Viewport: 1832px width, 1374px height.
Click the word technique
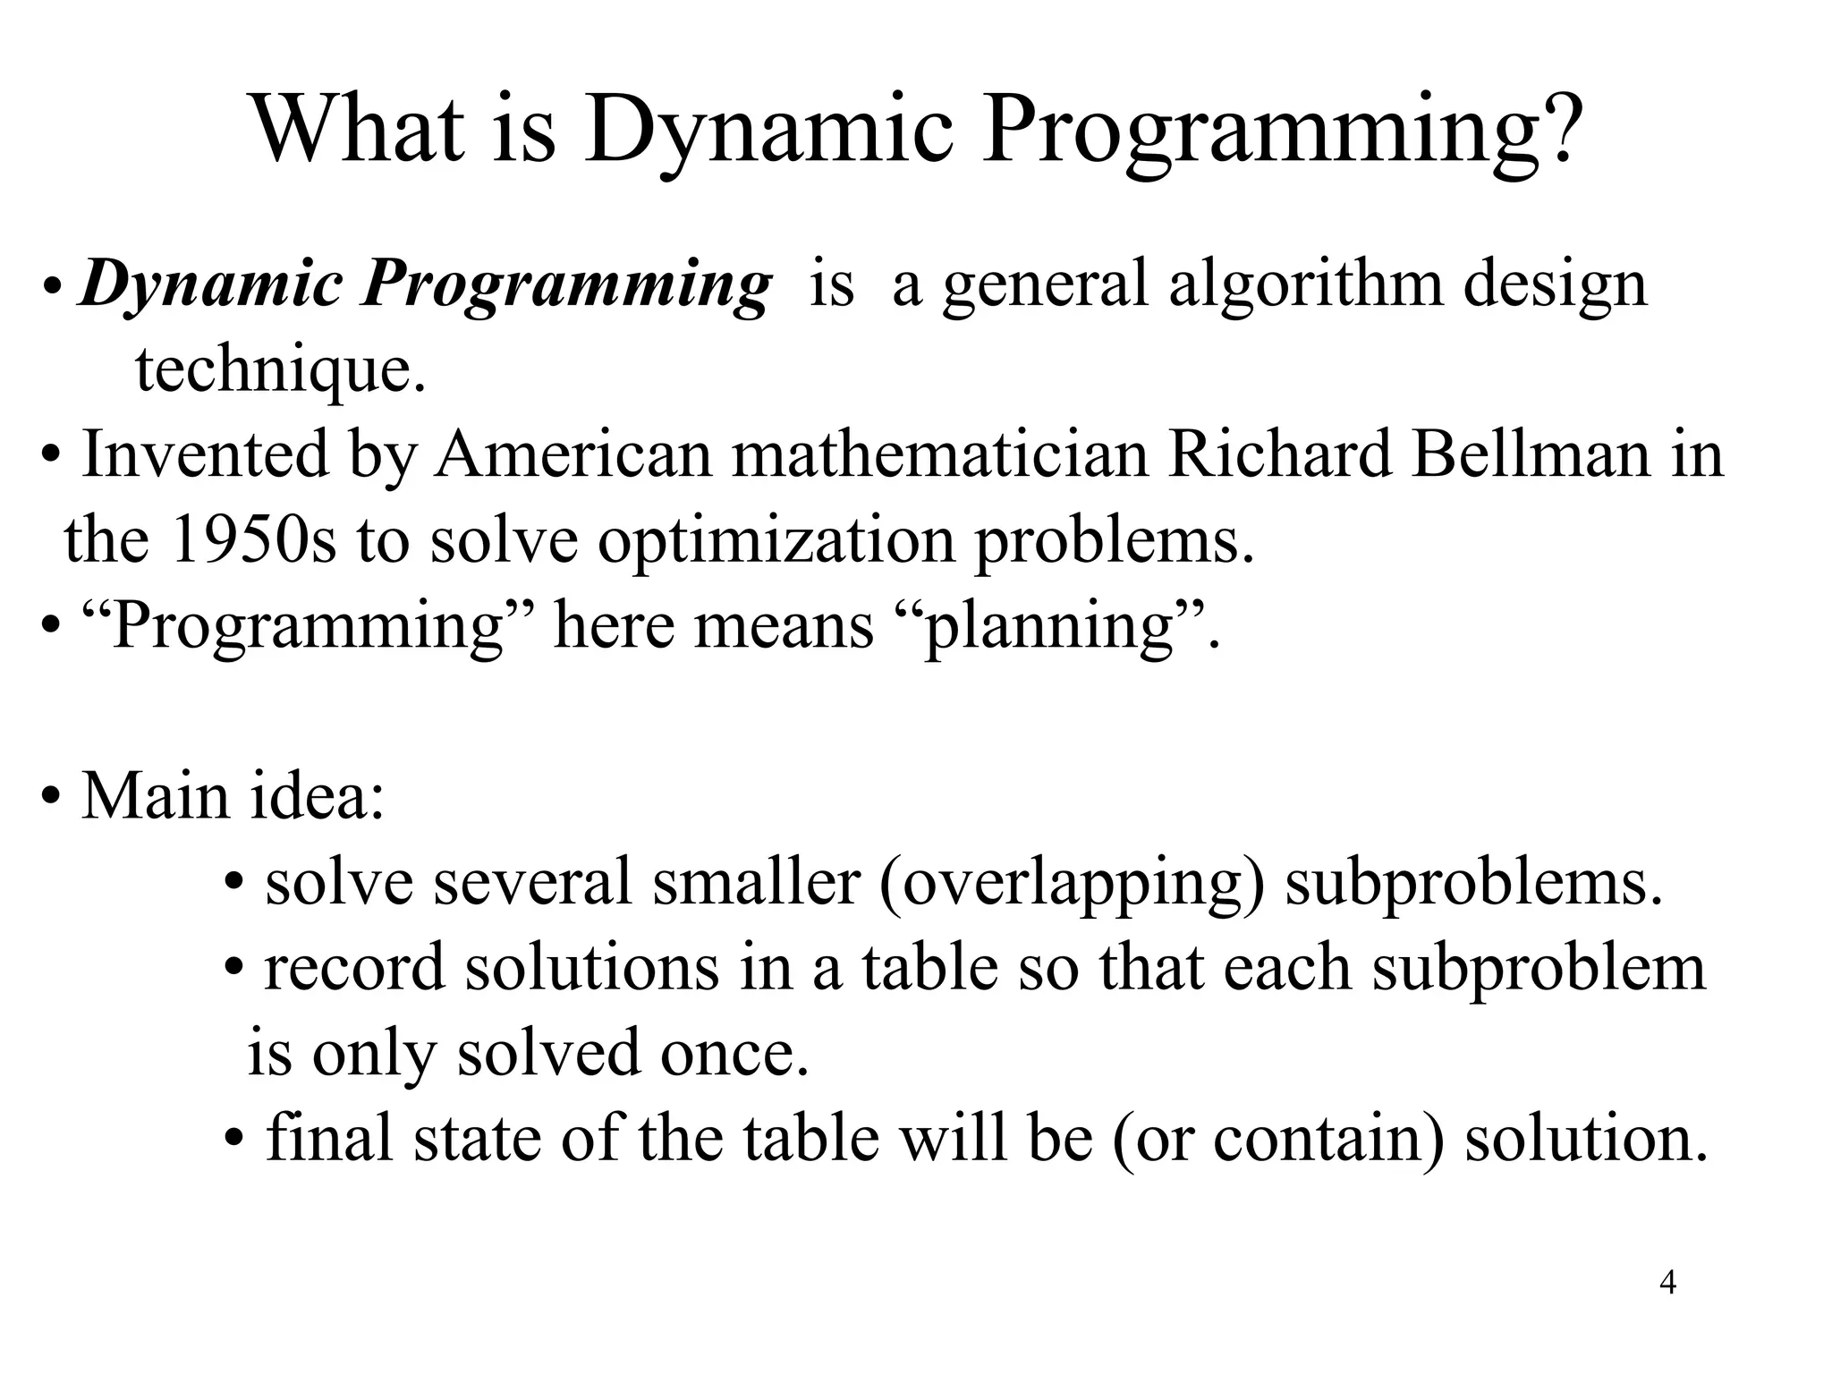pyautogui.click(x=279, y=369)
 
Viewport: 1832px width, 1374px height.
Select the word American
pyautogui.click(x=573, y=454)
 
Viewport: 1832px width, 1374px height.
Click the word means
pyautogui.click(x=784, y=625)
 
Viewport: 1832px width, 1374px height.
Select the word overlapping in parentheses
pyautogui.click(x=1072, y=882)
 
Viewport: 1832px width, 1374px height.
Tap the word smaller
pyautogui.click(x=756, y=882)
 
